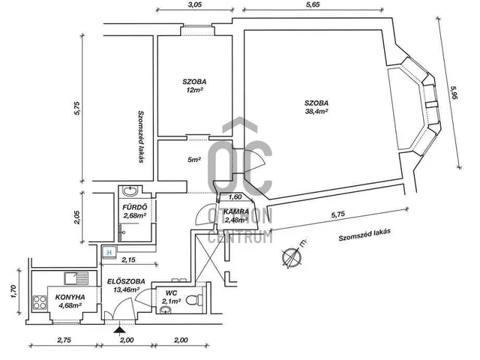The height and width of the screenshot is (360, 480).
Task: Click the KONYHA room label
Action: [x=70, y=297]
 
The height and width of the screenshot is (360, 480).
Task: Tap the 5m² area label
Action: [x=194, y=160]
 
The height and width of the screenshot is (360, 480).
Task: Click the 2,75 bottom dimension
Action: [x=64, y=341]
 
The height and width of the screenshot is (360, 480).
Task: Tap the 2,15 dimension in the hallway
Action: [x=129, y=259]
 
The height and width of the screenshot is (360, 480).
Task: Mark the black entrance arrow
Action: [x=118, y=328]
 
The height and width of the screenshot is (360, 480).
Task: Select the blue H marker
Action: [x=109, y=253]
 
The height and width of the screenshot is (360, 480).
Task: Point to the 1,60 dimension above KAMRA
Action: [x=234, y=196]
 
